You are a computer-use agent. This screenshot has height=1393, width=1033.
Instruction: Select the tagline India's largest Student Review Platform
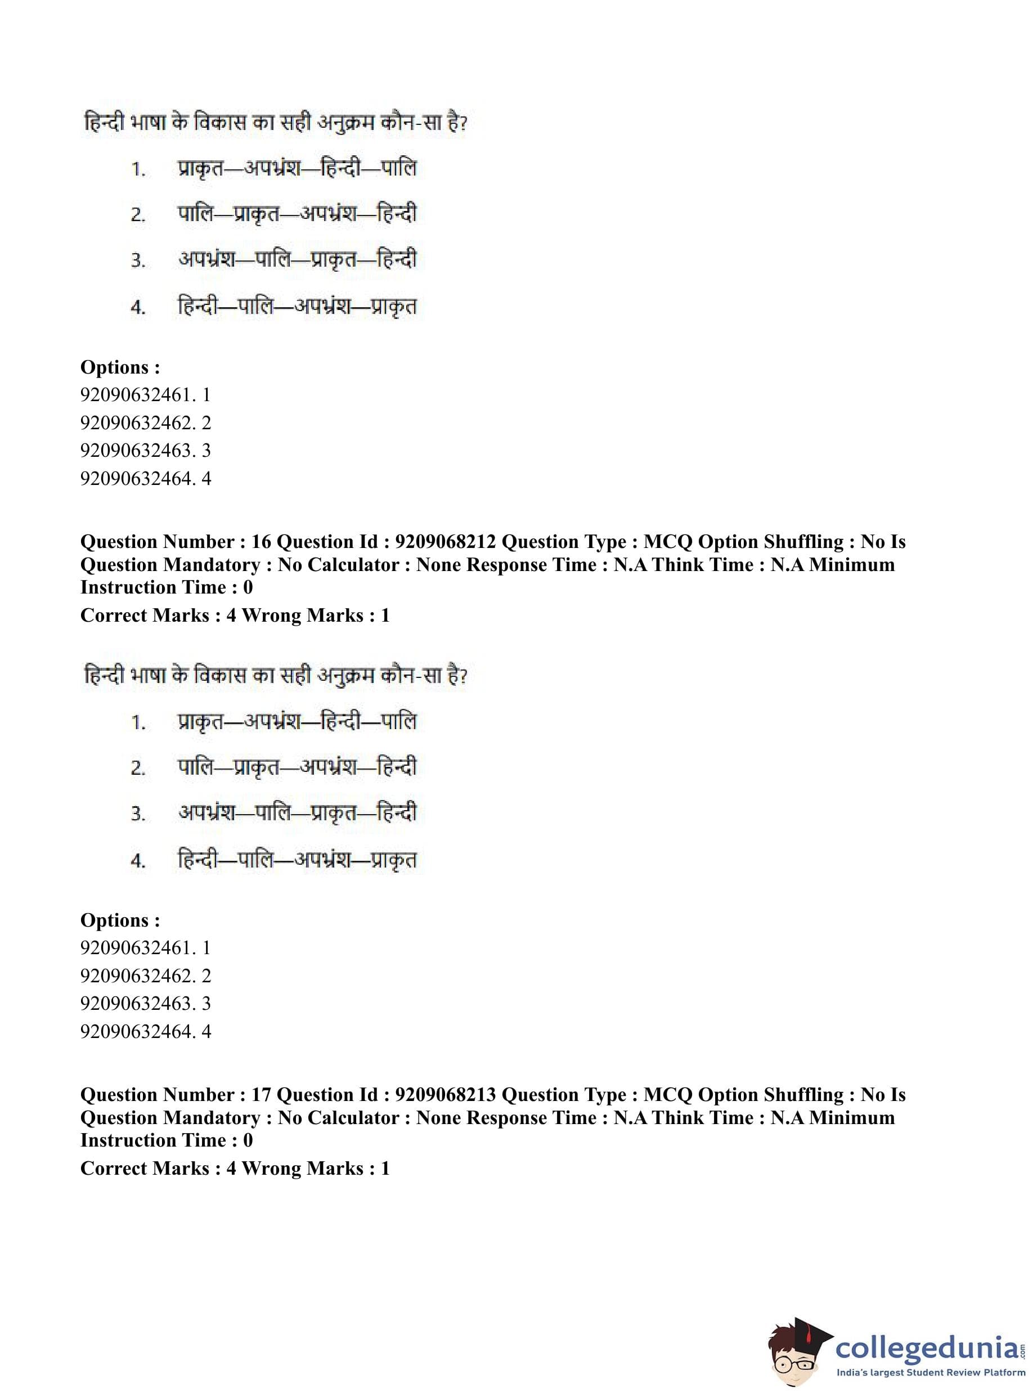coord(931,1374)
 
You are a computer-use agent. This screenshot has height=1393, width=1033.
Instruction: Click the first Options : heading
coord(120,367)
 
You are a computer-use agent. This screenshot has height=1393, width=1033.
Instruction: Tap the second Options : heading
coord(120,920)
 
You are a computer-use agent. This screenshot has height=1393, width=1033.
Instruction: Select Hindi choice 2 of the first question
coord(297,214)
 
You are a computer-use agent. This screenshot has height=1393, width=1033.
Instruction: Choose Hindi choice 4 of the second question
coord(297,860)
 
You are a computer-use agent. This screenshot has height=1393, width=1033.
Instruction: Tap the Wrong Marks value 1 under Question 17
coord(385,1168)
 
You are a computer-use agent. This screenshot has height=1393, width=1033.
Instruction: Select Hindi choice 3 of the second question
coord(297,814)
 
